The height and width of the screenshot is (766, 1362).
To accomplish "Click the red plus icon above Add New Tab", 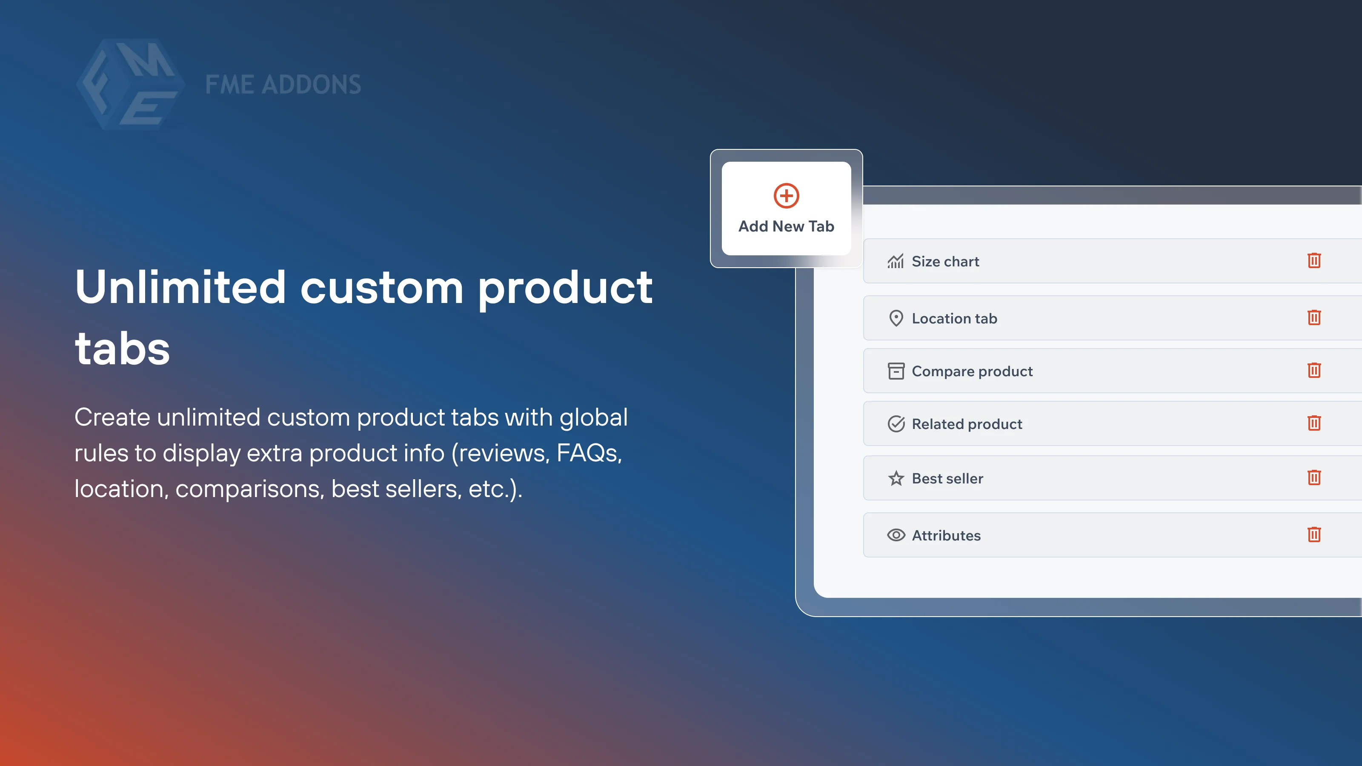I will click(786, 196).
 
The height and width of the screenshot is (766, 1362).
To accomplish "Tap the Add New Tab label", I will click(786, 226).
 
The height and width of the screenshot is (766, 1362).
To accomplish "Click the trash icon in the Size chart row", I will click(1314, 260).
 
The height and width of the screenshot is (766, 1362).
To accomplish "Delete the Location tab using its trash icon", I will click(1314, 318).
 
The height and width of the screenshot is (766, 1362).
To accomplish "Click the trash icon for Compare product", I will click(1314, 371).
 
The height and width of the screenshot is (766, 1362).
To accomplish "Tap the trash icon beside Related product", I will click(1314, 423).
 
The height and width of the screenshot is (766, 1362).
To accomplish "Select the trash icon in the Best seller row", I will click(1314, 478).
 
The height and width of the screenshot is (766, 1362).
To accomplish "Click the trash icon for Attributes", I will click(1314, 534).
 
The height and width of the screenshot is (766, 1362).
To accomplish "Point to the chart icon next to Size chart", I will click(896, 261).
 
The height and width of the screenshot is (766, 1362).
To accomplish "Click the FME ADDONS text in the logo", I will click(283, 85).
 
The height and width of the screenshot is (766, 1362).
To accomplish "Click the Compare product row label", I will click(972, 371).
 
